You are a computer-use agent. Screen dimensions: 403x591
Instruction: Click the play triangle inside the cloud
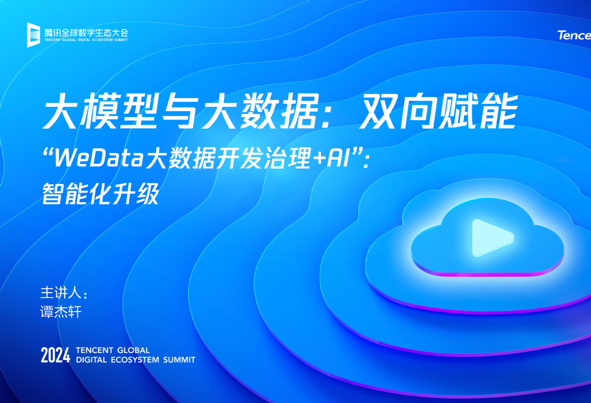(x=490, y=238)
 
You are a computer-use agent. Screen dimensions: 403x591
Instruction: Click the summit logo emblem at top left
(x=33, y=34)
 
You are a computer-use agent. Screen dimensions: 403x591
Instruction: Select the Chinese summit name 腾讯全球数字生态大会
(x=86, y=32)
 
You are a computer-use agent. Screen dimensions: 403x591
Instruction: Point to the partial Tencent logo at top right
(x=574, y=35)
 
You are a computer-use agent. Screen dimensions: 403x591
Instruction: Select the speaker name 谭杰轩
(x=61, y=312)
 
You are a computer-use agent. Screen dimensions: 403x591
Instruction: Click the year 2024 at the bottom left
(x=55, y=355)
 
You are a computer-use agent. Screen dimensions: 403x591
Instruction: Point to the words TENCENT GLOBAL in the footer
(x=113, y=350)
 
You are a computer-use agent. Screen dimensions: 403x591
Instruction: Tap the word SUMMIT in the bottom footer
(x=180, y=360)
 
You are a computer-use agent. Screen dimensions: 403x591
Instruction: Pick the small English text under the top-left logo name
(x=86, y=39)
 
